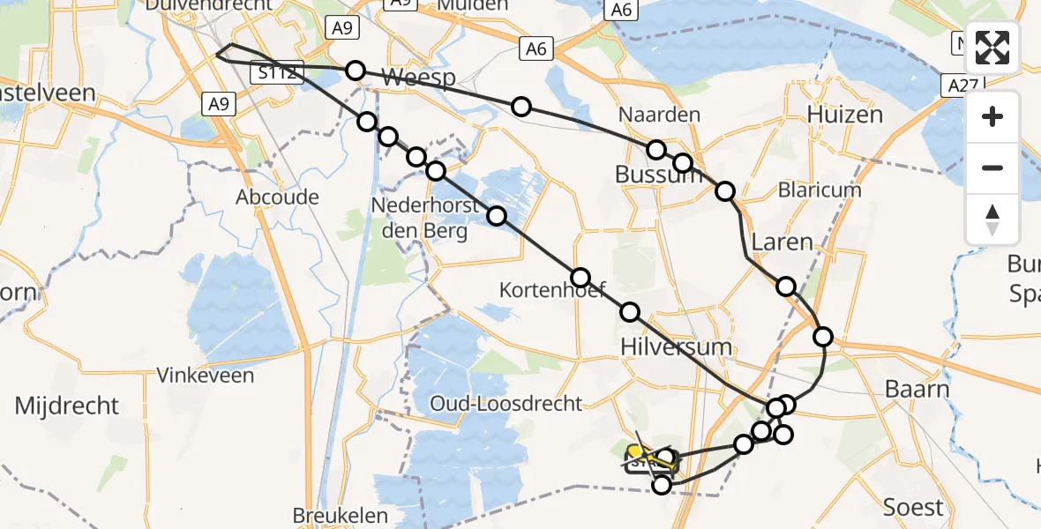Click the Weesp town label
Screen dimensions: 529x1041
coord(419,78)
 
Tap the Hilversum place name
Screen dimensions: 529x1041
coord(677,346)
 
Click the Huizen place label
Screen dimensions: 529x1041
coord(844,115)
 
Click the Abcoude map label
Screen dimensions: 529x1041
coord(277,197)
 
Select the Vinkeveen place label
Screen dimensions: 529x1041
coord(206,375)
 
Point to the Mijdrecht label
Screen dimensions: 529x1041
coord(67,406)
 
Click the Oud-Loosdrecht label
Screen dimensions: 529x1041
coord(506,404)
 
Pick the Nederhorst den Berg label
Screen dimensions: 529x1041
coord(419,219)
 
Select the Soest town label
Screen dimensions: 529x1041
coord(914,507)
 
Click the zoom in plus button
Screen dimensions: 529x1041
coord(992,116)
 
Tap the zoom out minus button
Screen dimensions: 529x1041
coord(992,168)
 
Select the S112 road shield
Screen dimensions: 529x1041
coord(277,73)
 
